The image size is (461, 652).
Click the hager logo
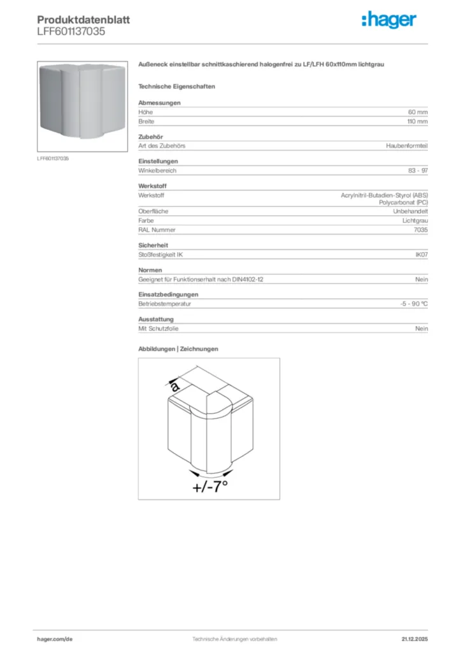click(x=389, y=20)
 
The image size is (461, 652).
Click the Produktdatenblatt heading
click(x=83, y=20)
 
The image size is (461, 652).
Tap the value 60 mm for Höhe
click(x=418, y=112)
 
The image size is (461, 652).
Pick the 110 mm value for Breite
click(x=418, y=121)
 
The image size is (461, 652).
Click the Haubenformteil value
click(x=407, y=146)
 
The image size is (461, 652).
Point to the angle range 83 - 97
click(x=418, y=171)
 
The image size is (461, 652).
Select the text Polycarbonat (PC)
click(x=404, y=202)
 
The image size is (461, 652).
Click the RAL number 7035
click(x=421, y=229)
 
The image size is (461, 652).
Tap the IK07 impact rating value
click(x=422, y=255)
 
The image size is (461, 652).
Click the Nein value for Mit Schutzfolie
click(x=422, y=329)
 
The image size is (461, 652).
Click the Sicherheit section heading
click(x=153, y=245)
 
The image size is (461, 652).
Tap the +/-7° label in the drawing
click(x=209, y=487)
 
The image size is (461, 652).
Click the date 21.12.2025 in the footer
click(x=415, y=639)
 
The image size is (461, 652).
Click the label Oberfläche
click(x=153, y=211)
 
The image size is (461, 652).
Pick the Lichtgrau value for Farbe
click(x=415, y=220)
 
